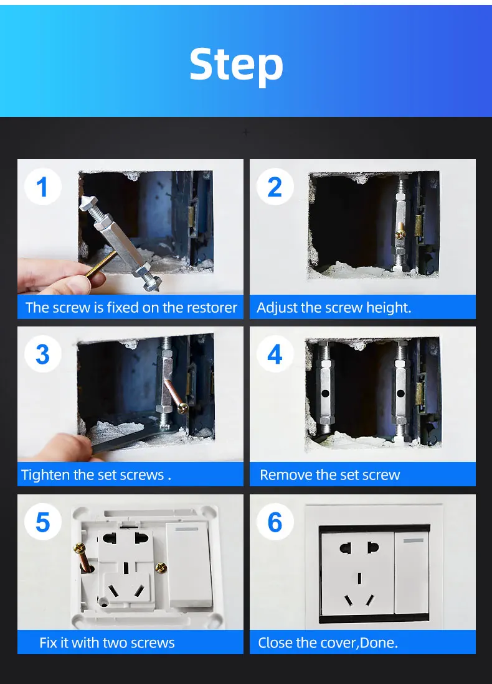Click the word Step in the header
(x=237, y=65)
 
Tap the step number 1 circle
(x=42, y=187)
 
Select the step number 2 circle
(x=275, y=187)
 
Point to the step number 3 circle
(x=42, y=354)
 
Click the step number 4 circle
(x=275, y=354)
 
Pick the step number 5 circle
(x=42, y=522)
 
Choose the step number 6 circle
(x=275, y=522)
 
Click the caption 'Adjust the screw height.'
(x=334, y=308)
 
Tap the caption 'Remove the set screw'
(x=330, y=474)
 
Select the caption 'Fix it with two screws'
(x=107, y=642)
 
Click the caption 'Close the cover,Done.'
(x=328, y=642)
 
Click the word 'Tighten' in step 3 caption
(x=45, y=475)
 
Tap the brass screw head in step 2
(x=400, y=234)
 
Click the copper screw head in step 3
(x=183, y=409)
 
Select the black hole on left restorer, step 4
(x=325, y=394)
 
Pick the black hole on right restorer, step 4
(x=400, y=394)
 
